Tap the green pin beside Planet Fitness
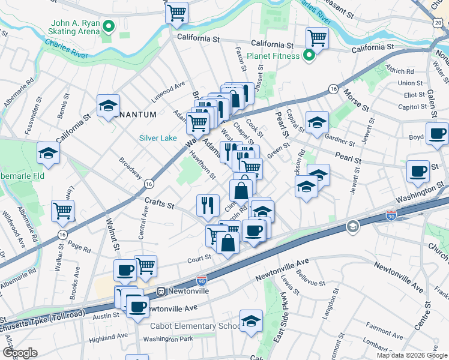click(309, 56)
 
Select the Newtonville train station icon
click(161, 291)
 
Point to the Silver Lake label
click(158, 138)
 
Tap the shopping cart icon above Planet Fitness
click(318, 38)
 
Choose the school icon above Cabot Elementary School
click(251, 320)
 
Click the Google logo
click(20, 353)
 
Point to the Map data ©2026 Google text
click(412, 355)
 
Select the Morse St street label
click(356, 101)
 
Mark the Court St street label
click(199, 257)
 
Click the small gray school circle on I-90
click(353, 226)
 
